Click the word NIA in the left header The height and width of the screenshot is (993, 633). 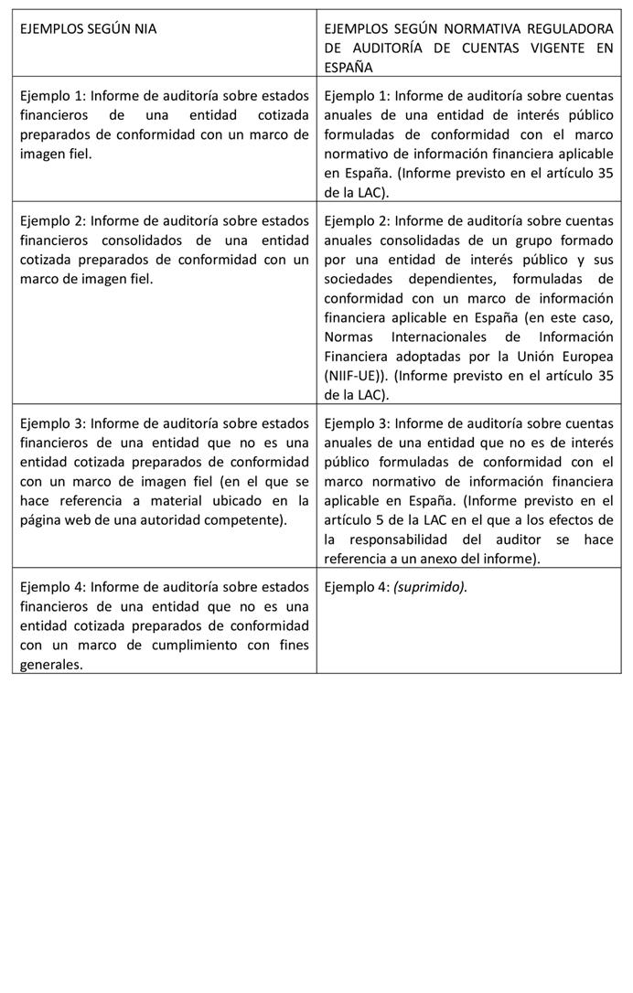(x=143, y=28)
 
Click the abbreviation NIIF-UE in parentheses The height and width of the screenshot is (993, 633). (x=352, y=376)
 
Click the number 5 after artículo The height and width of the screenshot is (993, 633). (x=381, y=520)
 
